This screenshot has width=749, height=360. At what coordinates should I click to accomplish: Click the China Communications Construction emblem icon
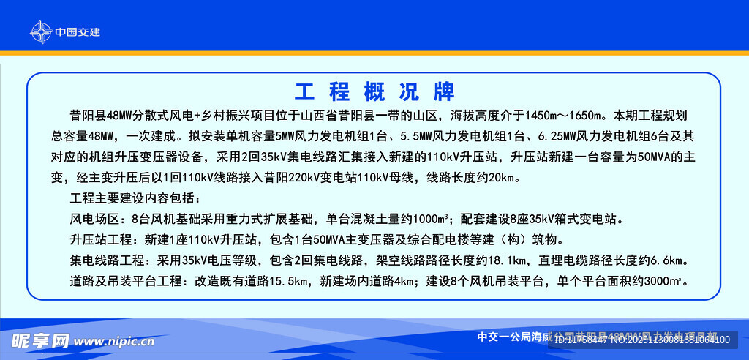[x=41, y=31]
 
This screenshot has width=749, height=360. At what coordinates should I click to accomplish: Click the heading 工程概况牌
[x=374, y=92]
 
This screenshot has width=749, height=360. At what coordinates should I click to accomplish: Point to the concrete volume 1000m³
[x=429, y=219]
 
